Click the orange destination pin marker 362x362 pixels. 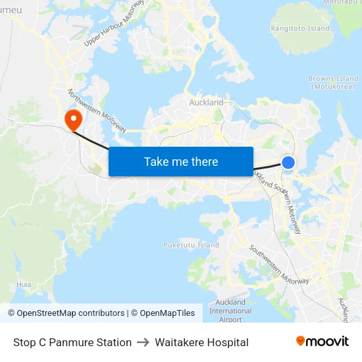click(x=72, y=119)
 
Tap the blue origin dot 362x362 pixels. click(x=288, y=162)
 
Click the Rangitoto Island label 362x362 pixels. click(x=300, y=28)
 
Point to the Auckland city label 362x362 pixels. click(x=206, y=103)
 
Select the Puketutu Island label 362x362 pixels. click(x=191, y=245)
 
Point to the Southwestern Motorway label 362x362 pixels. click(x=278, y=265)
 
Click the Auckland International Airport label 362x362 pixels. click(x=230, y=311)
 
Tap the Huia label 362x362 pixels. click(x=24, y=284)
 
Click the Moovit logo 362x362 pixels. click(x=323, y=342)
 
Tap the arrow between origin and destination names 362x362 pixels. click(x=143, y=342)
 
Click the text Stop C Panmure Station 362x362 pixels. click(x=72, y=342)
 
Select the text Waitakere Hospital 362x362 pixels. click(x=201, y=342)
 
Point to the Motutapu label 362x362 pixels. click(x=342, y=3)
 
